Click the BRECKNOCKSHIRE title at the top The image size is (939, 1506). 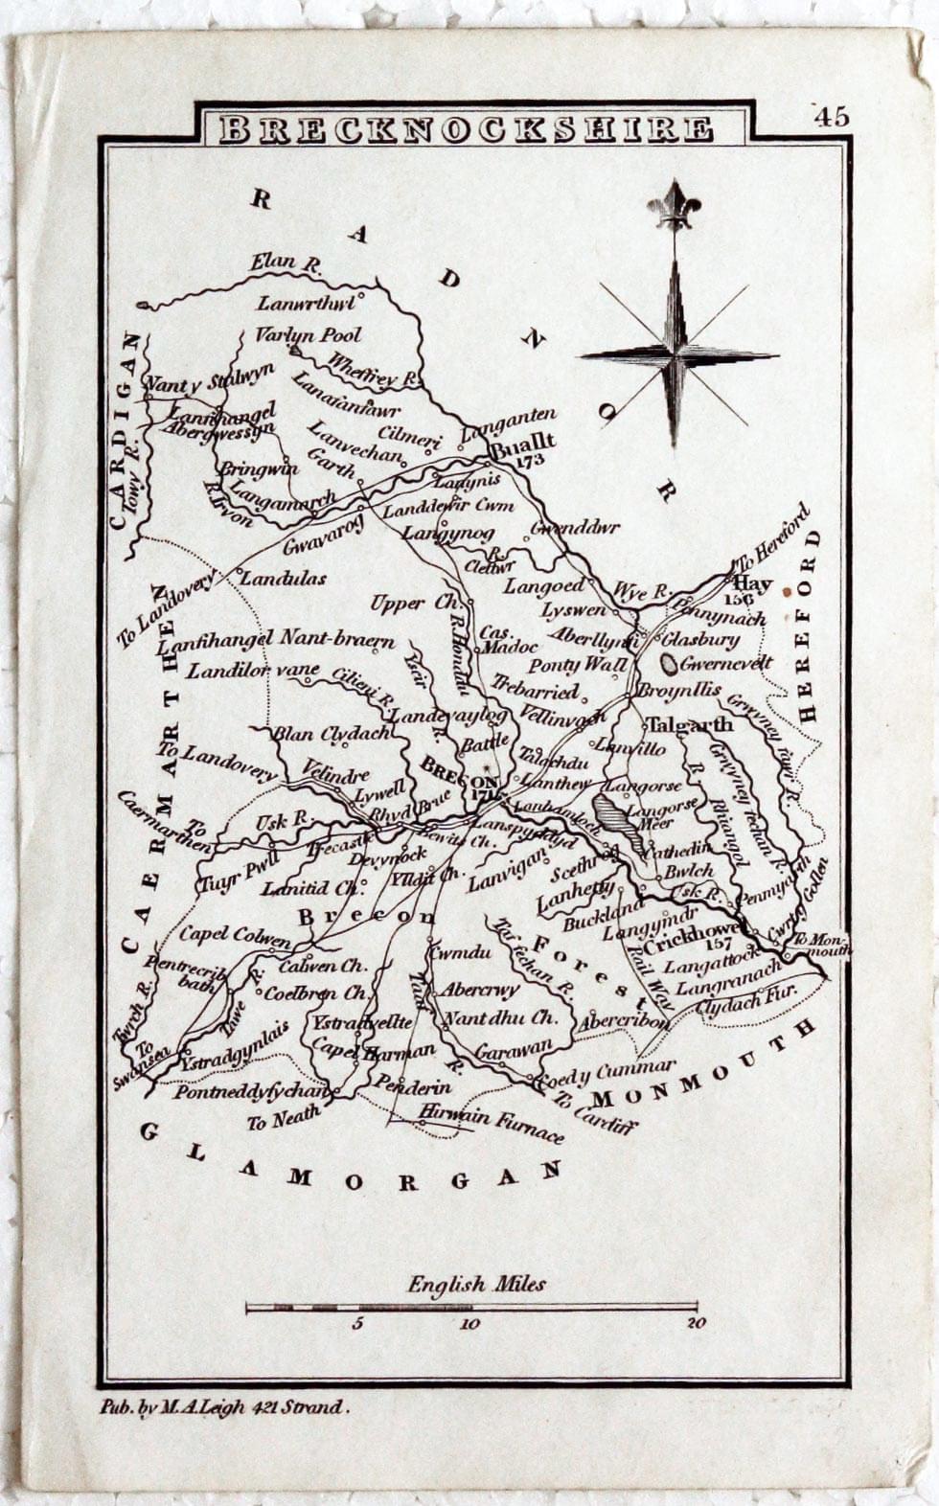click(x=466, y=129)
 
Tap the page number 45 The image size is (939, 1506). click(x=832, y=117)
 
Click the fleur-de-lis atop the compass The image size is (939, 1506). click(x=674, y=204)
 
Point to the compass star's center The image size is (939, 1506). click(x=676, y=354)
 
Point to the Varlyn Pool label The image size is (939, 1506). click(x=308, y=335)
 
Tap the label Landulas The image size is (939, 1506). click(x=283, y=578)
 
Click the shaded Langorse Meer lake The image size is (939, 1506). click(x=611, y=814)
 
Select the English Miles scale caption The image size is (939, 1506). click(x=476, y=1284)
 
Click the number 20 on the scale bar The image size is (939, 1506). click(x=697, y=1324)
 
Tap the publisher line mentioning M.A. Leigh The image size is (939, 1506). click(x=225, y=1407)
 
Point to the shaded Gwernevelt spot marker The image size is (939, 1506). click(x=669, y=662)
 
